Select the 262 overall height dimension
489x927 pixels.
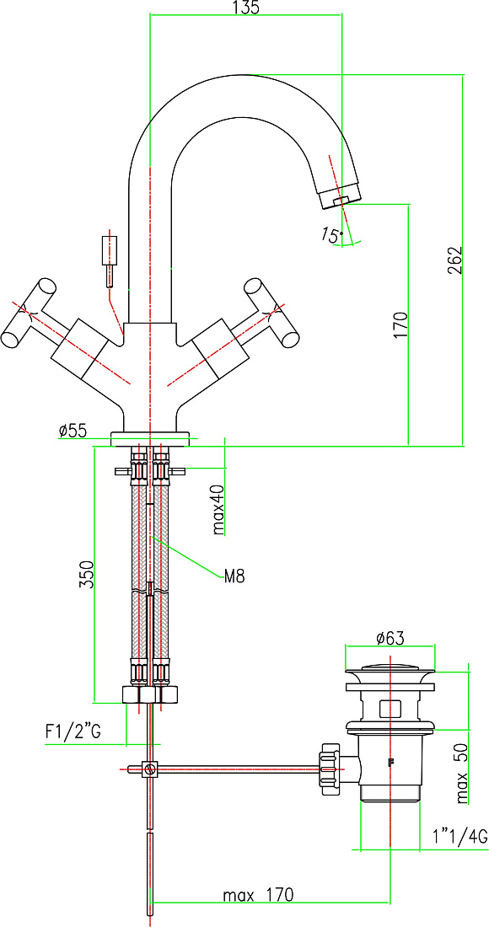tap(453, 260)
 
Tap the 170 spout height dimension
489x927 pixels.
tap(401, 324)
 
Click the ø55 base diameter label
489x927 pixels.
tap(73, 431)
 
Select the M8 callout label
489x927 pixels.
tap(234, 576)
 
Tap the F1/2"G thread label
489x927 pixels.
tap(73, 731)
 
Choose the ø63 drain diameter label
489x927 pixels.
tap(389, 639)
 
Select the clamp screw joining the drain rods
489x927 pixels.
tap(149, 769)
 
